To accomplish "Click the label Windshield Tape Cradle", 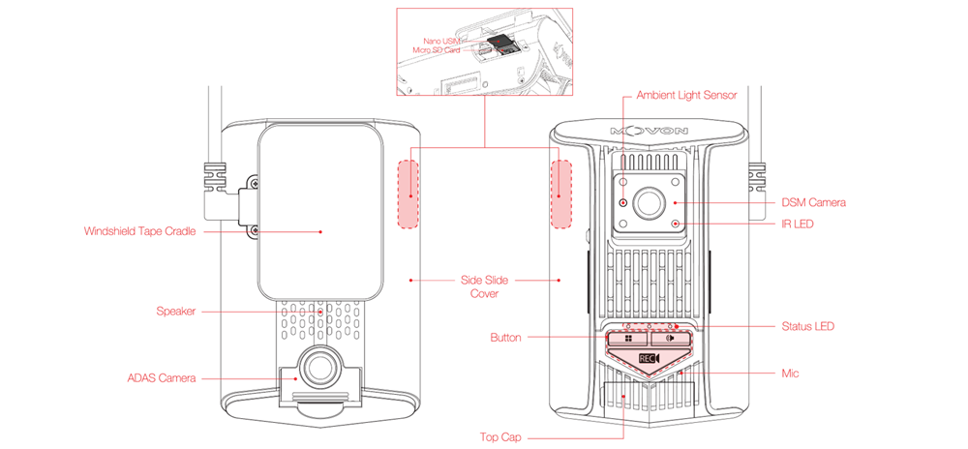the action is [x=139, y=232].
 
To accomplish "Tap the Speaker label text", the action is [x=176, y=312].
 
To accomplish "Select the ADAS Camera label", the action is [x=162, y=378].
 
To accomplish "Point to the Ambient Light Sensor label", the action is [x=686, y=96].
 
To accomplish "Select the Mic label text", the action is [x=790, y=374].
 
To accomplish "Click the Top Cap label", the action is [x=500, y=437].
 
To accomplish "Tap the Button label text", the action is [x=505, y=338].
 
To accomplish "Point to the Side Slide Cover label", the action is [x=485, y=286].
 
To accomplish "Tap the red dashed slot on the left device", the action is [x=408, y=195].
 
